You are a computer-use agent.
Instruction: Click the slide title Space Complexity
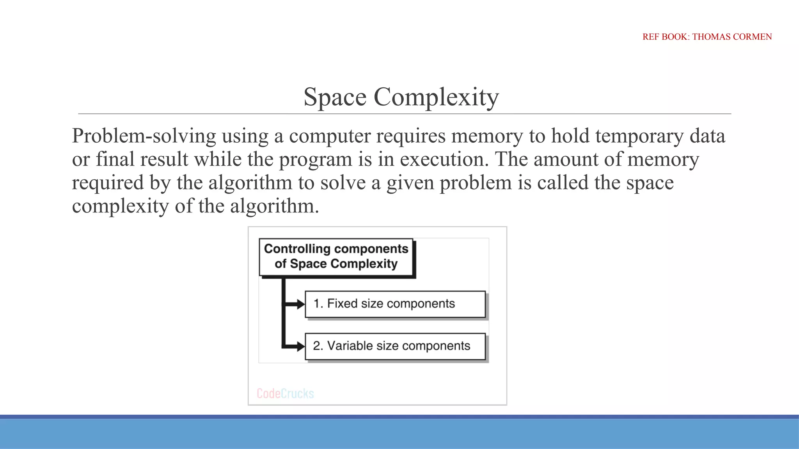click(x=401, y=97)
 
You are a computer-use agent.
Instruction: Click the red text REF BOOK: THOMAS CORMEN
click(x=707, y=37)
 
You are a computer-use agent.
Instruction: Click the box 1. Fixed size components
click(x=395, y=304)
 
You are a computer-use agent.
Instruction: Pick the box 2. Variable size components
click(x=395, y=346)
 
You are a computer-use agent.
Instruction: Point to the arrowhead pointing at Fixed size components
click(x=301, y=304)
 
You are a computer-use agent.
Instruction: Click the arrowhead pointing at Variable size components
click(x=301, y=346)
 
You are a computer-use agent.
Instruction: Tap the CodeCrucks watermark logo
click(x=285, y=393)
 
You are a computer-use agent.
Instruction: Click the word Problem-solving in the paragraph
click(x=144, y=136)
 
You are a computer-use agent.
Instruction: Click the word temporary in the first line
click(x=639, y=136)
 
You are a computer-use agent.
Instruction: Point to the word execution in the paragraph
click(x=444, y=160)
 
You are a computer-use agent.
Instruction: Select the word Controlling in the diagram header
click(x=297, y=249)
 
